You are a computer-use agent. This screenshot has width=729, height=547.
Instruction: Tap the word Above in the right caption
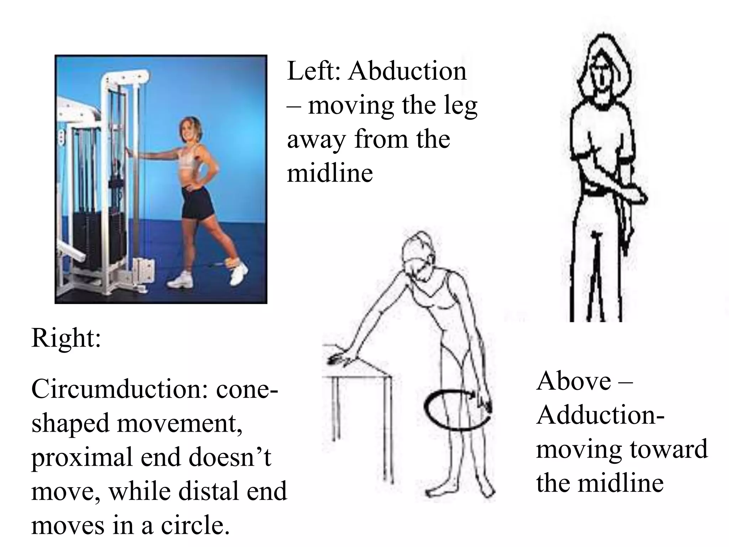(x=573, y=381)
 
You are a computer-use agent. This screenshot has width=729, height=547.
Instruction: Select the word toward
(x=668, y=449)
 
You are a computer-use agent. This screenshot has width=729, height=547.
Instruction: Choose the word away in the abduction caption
(x=316, y=140)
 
